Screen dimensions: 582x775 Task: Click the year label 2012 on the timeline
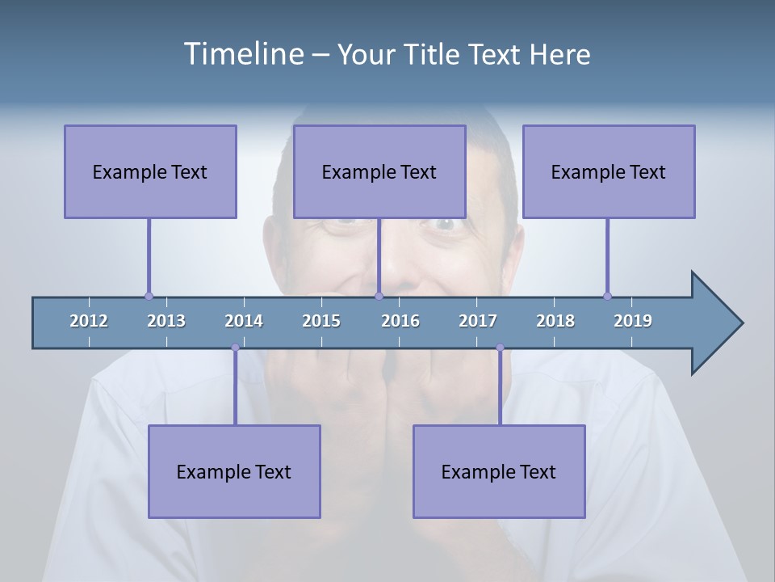(89, 321)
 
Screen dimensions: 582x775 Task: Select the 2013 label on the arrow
(166, 321)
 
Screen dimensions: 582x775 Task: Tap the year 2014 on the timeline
(244, 321)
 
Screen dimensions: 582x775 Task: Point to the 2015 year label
(321, 321)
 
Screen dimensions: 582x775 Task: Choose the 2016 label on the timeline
(400, 321)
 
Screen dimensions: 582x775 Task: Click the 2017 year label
(478, 321)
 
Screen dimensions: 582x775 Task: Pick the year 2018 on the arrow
(555, 321)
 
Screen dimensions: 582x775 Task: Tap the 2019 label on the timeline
(633, 321)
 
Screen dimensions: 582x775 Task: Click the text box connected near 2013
(150, 171)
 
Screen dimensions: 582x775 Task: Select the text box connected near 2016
(379, 171)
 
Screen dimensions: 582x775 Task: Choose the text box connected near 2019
(609, 171)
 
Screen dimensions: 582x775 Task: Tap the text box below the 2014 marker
(234, 471)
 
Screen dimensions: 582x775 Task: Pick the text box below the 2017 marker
(499, 471)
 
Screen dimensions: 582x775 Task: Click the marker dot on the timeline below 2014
(235, 348)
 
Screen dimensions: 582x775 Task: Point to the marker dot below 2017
(500, 348)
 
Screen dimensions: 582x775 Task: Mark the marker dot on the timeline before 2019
(607, 296)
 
